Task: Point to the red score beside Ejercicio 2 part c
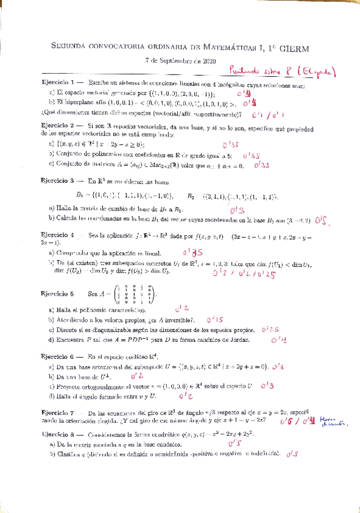(261, 164)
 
